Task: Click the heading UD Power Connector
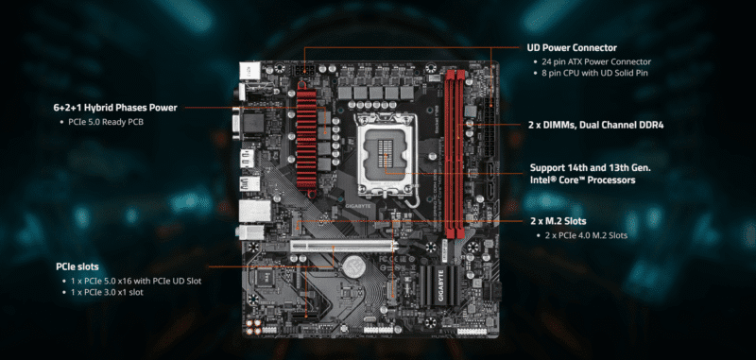pos(572,47)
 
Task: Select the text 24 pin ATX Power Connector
pos(597,62)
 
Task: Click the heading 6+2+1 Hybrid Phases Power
pos(115,108)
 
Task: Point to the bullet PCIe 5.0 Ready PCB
pos(106,123)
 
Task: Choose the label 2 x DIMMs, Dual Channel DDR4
pos(595,125)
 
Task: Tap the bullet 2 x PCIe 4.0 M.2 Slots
pos(586,235)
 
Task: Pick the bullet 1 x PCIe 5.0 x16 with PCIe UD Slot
pos(136,281)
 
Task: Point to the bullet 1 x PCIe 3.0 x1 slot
pos(112,293)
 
